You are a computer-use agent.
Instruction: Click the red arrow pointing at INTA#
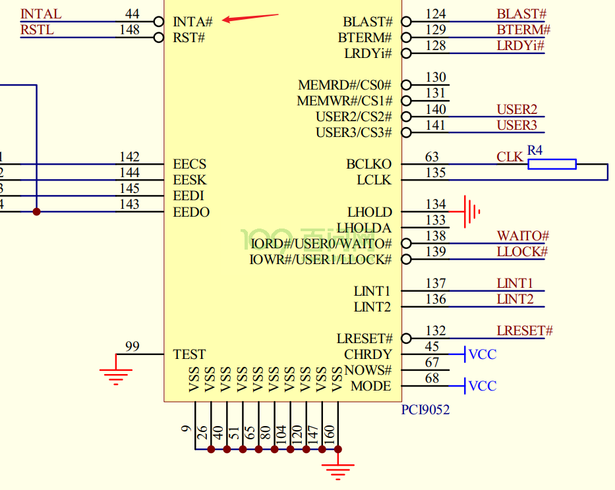pyautogui.click(x=250, y=18)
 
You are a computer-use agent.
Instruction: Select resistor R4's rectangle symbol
pyautogui.click(x=552, y=164)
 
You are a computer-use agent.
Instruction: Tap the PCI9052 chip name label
pyautogui.click(x=425, y=410)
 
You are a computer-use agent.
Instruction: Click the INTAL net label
pyautogui.click(x=41, y=14)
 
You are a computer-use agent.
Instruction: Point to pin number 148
pyautogui.click(x=129, y=30)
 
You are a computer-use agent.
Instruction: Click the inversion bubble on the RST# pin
pyautogui.click(x=158, y=38)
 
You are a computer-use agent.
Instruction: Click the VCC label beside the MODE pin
pyautogui.click(x=483, y=386)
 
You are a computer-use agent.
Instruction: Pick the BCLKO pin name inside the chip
pyautogui.click(x=368, y=164)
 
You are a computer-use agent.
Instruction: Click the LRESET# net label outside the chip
pyautogui.click(x=525, y=331)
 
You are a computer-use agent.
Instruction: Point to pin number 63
pyautogui.click(x=432, y=157)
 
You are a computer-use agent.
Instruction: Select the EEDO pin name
pyautogui.click(x=191, y=212)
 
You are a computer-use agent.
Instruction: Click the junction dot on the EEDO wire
pyautogui.click(x=36, y=211)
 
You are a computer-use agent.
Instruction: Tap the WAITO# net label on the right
pyautogui.click(x=523, y=236)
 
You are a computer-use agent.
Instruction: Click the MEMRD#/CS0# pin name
pyautogui.click(x=345, y=85)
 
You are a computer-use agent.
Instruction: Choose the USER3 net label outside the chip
pyautogui.click(x=517, y=125)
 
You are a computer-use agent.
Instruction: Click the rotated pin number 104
pyautogui.click(x=281, y=433)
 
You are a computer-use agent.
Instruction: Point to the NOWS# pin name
pyautogui.click(x=368, y=370)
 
